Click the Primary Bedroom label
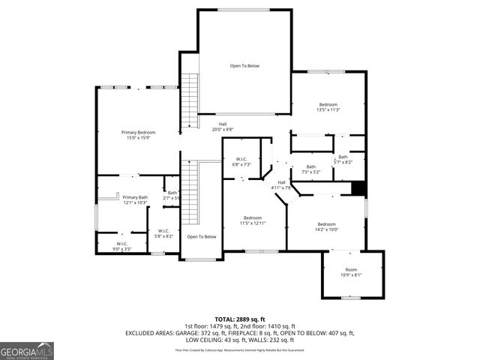138,132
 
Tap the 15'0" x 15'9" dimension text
138,138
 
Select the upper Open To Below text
244,66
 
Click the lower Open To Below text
202,237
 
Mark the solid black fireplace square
358,189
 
